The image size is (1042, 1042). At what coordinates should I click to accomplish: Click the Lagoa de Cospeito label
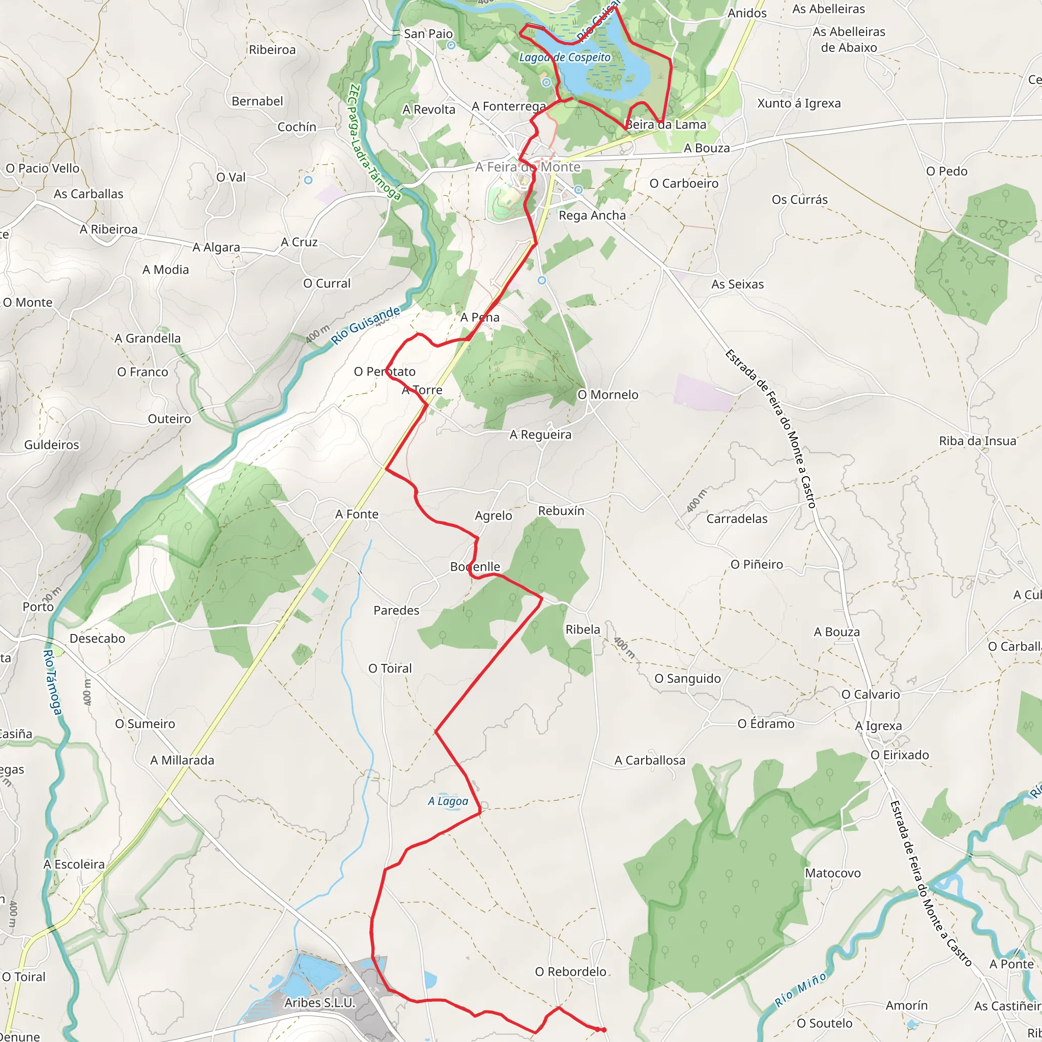point(565,57)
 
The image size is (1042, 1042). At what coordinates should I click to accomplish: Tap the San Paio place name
point(428,34)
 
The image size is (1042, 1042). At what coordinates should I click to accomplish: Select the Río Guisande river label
point(366,325)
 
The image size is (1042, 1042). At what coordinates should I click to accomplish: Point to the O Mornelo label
point(608,395)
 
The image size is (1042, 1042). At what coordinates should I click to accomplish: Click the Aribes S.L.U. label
point(320,1003)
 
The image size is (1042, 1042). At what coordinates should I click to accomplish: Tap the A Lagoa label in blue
point(448,801)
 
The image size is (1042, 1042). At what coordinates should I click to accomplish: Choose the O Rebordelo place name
point(571,971)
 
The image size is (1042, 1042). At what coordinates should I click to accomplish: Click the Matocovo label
point(833,873)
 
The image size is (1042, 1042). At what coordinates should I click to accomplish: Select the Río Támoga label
point(52,682)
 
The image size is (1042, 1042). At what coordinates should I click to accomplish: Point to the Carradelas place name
point(737,519)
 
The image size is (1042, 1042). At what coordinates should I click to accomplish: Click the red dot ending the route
point(603,1030)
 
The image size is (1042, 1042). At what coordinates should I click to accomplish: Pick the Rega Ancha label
point(592,215)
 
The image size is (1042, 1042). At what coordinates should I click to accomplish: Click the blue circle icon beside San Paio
point(451,45)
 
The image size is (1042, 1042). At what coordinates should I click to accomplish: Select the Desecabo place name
point(97,639)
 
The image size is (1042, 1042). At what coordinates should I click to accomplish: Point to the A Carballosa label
point(650,761)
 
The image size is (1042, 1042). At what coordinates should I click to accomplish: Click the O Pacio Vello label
point(43,168)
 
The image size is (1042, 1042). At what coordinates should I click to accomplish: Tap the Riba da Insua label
point(977,441)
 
